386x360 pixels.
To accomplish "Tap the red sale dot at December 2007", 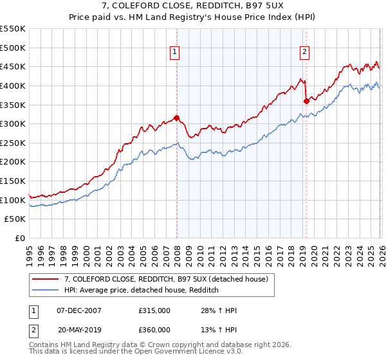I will pyautogui.click(x=176, y=118).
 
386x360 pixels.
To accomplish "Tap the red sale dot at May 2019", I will pyautogui.click(x=306, y=100).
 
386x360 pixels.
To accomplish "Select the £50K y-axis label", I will pyautogui.click(x=15, y=219).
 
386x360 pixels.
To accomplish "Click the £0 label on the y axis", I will pyautogui.click(x=20, y=239).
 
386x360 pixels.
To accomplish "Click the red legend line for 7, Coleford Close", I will pyautogui.click(x=46, y=278).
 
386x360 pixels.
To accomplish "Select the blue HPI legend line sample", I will pyautogui.click(x=46, y=291).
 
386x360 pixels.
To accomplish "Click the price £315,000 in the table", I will pyautogui.click(x=154, y=310).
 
